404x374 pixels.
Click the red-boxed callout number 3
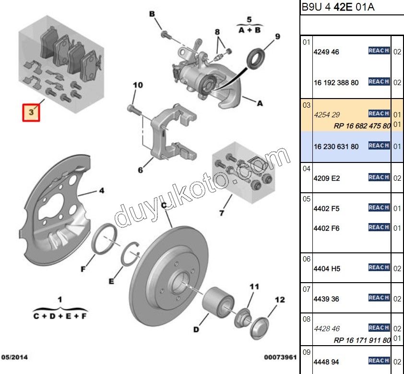(x=31, y=112)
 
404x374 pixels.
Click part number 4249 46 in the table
(x=326, y=52)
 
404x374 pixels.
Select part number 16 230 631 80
(x=336, y=147)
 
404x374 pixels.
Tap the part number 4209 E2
(x=326, y=178)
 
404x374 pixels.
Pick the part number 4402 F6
(x=326, y=228)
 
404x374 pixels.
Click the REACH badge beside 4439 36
(x=379, y=298)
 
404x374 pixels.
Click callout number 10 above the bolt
(x=138, y=86)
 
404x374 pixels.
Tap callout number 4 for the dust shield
(x=101, y=191)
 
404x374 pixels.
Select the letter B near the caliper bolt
(x=153, y=14)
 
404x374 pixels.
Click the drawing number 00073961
(x=280, y=357)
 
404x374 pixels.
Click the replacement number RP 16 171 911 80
(x=362, y=340)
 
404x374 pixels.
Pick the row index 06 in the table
(x=307, y=259)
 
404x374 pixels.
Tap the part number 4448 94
(x=326, y=362)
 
